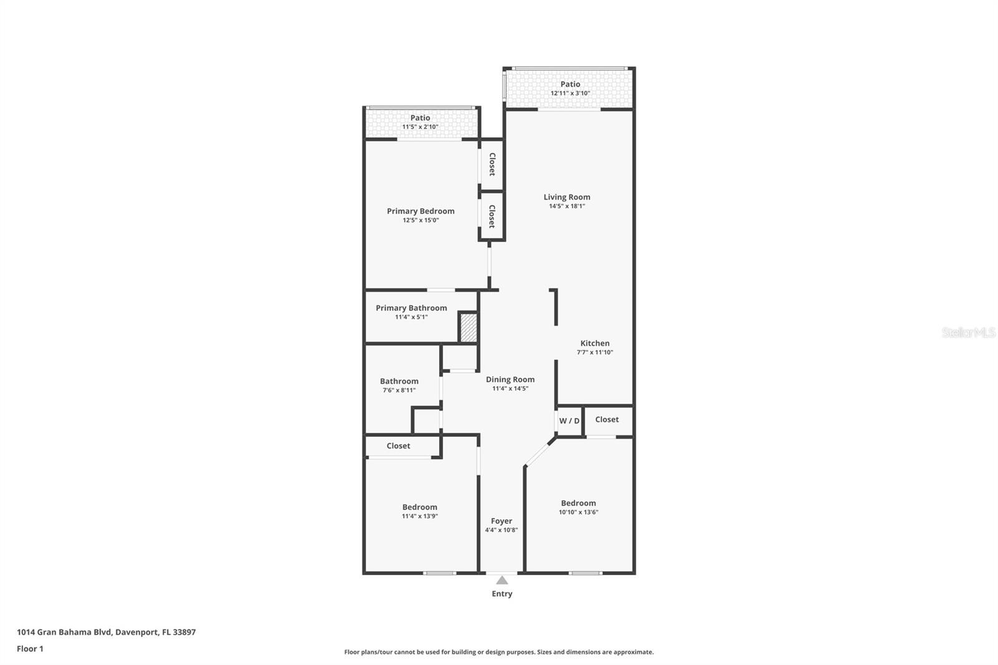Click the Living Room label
566,197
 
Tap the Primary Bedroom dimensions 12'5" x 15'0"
420,220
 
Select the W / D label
569,421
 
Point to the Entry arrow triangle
502,580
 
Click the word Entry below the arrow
501,594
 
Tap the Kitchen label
594,343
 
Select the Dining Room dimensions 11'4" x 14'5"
510,389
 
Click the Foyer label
501,521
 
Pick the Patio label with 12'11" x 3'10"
569,84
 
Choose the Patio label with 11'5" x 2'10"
420,118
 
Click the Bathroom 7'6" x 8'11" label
399,381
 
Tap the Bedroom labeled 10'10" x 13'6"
578,503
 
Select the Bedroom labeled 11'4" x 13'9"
419,507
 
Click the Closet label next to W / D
606,419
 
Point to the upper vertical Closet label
492,164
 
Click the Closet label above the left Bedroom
398,446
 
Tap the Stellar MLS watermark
968,332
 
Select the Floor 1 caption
30,649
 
